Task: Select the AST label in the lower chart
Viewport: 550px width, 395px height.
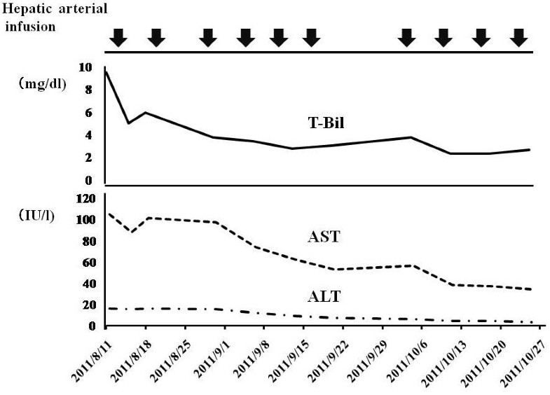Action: (x=324, y=237)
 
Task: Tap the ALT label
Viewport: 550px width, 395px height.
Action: (x=324, y=296)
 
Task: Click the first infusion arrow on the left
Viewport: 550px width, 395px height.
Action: (x=118, y=38)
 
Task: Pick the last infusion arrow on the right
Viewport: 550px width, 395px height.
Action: (x=518, y=38)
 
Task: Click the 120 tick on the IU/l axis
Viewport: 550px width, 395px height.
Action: (x=84, y=199)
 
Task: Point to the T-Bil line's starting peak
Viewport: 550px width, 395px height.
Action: (x=106, y=69)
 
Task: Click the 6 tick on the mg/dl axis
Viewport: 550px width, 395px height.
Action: (x=88, y=113)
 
